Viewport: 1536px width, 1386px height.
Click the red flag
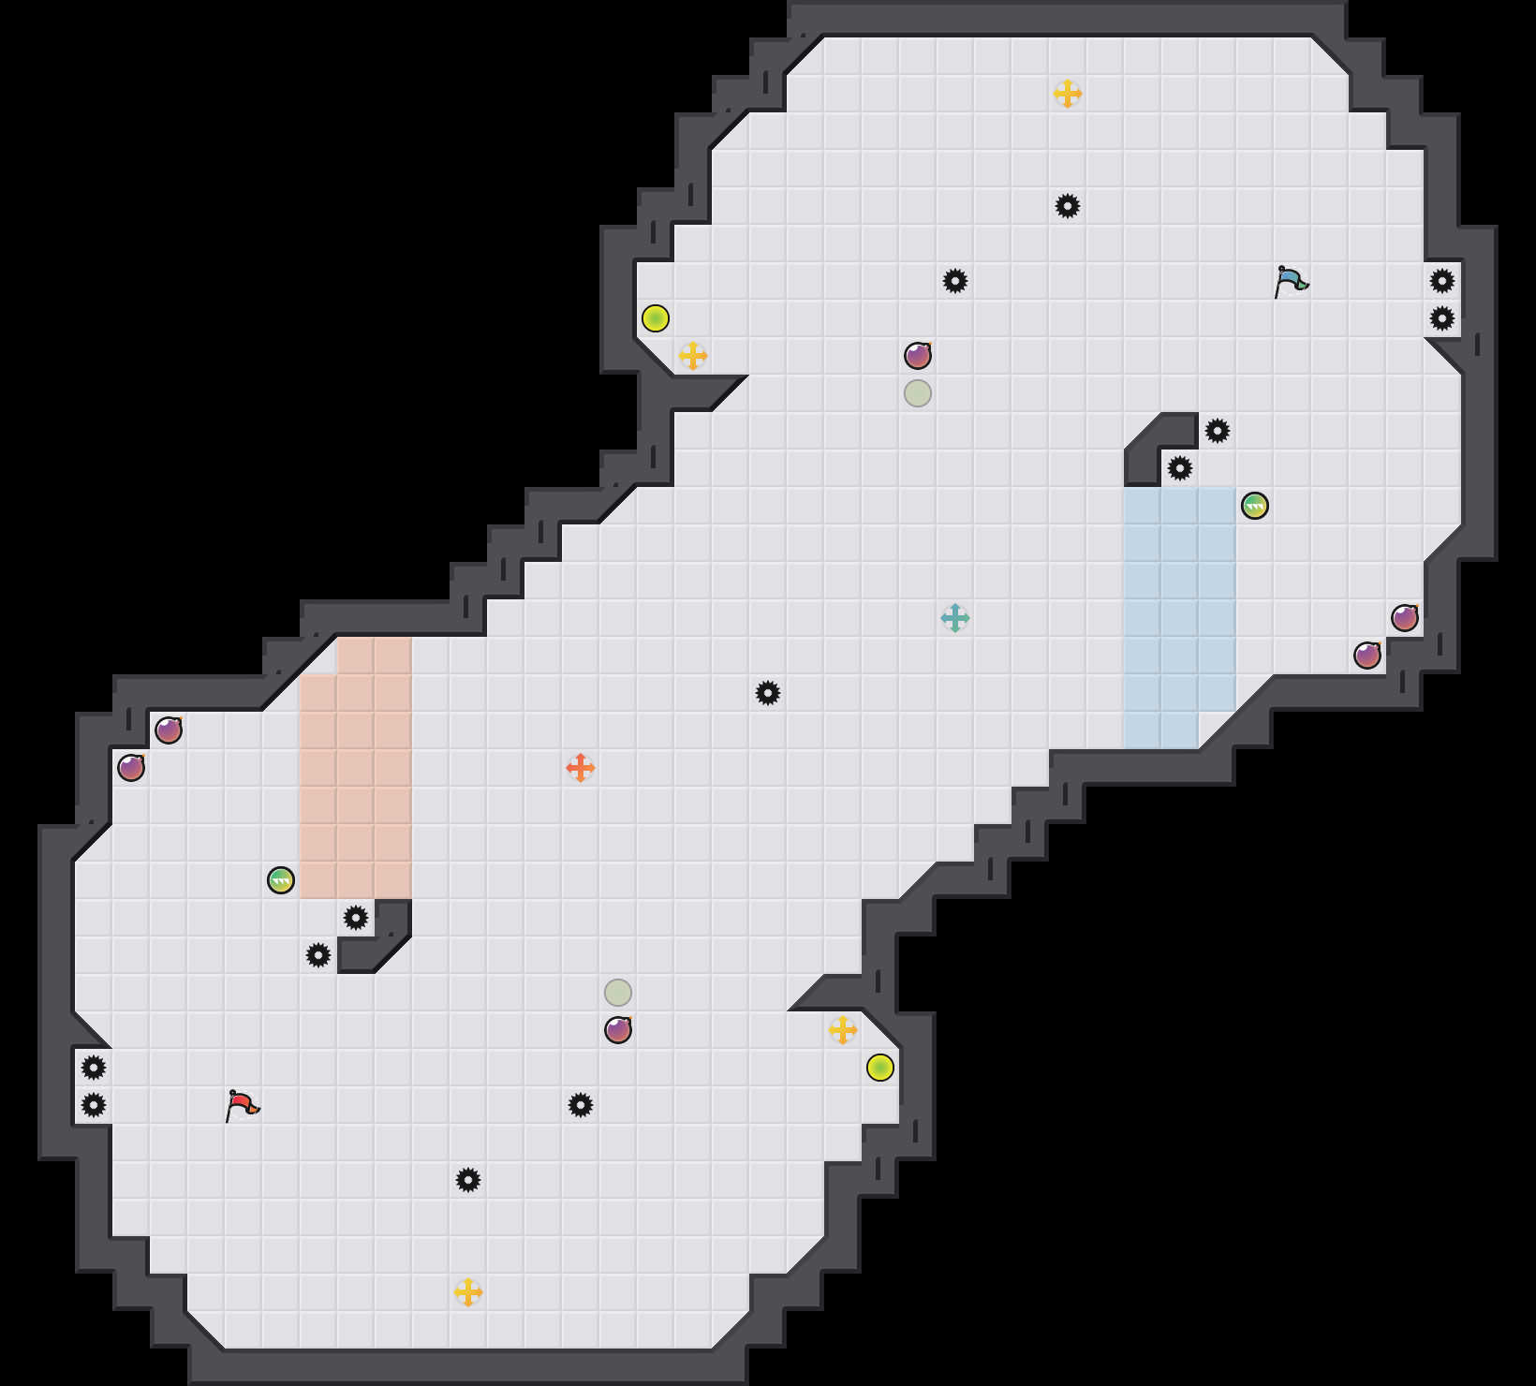[x=242, y=1105]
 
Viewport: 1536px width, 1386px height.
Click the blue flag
[x=1291, y=281]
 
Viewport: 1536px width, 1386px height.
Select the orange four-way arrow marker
[x=581, y=768]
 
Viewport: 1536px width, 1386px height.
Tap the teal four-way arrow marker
[x=955, y=618]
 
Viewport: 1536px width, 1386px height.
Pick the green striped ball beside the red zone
[x=281, y=880]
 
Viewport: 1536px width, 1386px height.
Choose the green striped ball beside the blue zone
[x=1255, y=506]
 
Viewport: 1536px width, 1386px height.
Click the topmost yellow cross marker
[x=1068, y=94]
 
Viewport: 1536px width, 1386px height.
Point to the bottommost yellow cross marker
[x=468, y=1292]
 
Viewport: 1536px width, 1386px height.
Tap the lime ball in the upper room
[x=656, y=318]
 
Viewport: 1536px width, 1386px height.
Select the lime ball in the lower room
[x=880, y=1068]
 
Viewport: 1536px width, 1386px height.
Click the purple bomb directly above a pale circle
[x=918, y=356]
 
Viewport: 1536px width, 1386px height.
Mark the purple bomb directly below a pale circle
[x=618, y=1030]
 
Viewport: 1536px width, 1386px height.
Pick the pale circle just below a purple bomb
[x=918, y=393]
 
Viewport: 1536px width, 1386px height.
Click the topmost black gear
[x=1068, y=206]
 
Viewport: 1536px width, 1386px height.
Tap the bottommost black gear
[x=468, y=1180]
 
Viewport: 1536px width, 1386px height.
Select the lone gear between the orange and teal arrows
[x=768, y=693]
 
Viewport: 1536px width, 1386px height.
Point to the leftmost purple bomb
[x=131, y=768]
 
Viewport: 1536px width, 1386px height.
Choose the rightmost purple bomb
[x=1405, y=618]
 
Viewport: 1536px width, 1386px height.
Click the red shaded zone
[x=356, y=768]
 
